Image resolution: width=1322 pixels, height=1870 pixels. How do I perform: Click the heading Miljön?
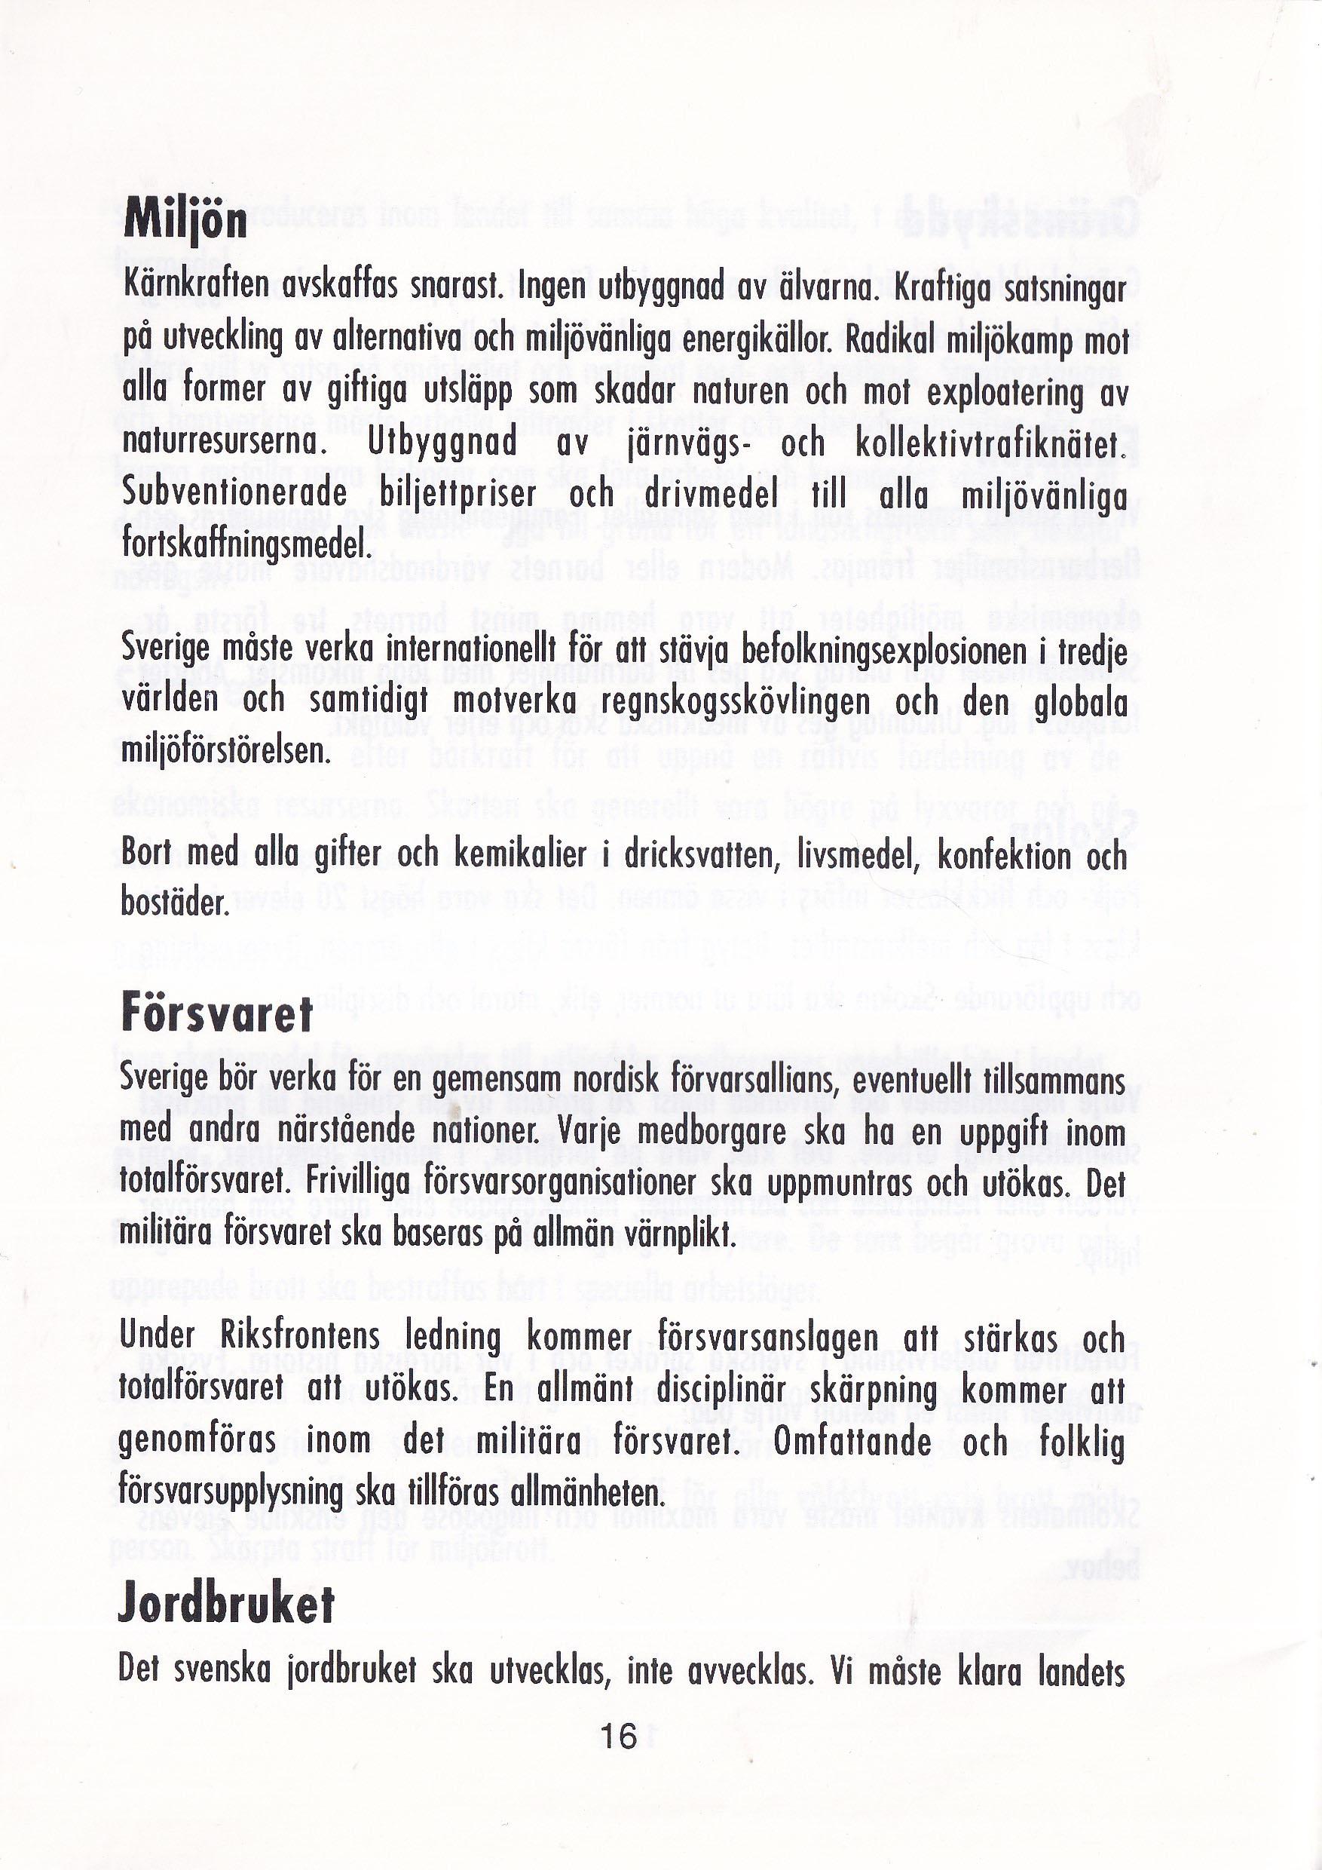tap(185, 220)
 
